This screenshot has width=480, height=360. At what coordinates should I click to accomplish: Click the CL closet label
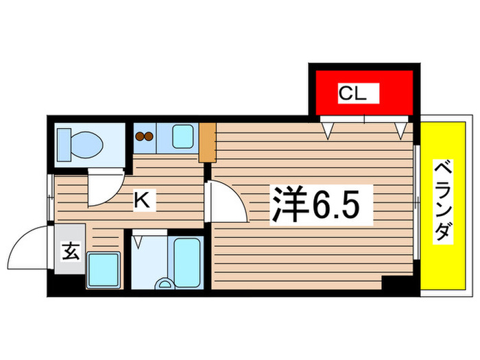359,93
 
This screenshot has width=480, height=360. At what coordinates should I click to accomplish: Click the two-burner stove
144,136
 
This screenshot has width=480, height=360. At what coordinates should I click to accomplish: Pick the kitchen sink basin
183,136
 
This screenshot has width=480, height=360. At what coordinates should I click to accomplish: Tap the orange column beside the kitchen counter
208,142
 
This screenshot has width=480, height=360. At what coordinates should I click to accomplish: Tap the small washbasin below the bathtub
164,283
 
